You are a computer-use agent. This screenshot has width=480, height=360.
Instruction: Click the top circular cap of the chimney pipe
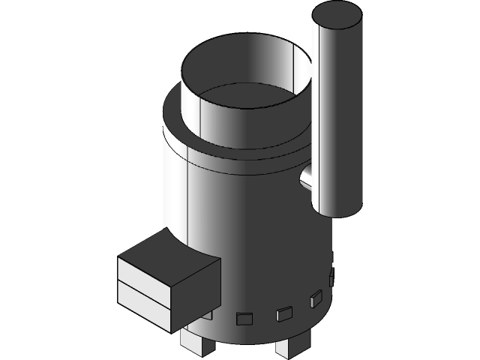click(337, 15)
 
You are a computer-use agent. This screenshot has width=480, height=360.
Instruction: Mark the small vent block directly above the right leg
click(283, 313)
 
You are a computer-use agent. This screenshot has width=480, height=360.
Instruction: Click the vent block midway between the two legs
click(245, 319)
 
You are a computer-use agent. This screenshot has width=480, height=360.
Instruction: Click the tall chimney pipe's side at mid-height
click(337, 112)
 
